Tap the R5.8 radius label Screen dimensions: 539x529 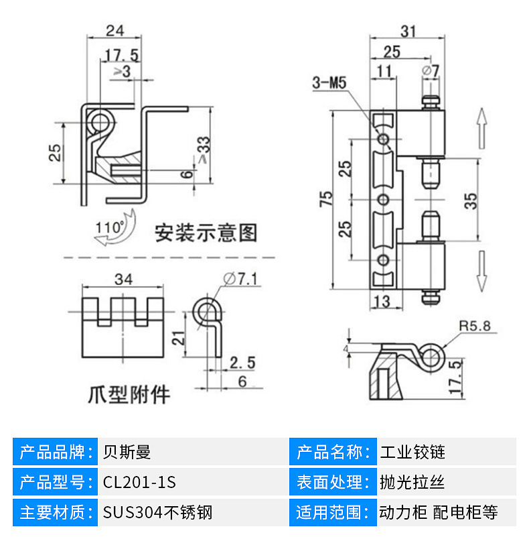point(475,326)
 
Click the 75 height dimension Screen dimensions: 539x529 point(326,198)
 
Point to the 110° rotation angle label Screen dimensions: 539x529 point(109,227)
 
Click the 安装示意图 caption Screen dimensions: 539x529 point(206,233)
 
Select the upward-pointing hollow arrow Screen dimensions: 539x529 point(481,129)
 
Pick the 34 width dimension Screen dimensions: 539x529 point(123,278)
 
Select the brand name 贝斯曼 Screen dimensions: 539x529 point(127,451)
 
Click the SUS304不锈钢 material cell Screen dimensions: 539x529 point(158,513)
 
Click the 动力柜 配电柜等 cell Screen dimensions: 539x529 point(438,513)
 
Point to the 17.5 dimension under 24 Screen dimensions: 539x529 point(121,55)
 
